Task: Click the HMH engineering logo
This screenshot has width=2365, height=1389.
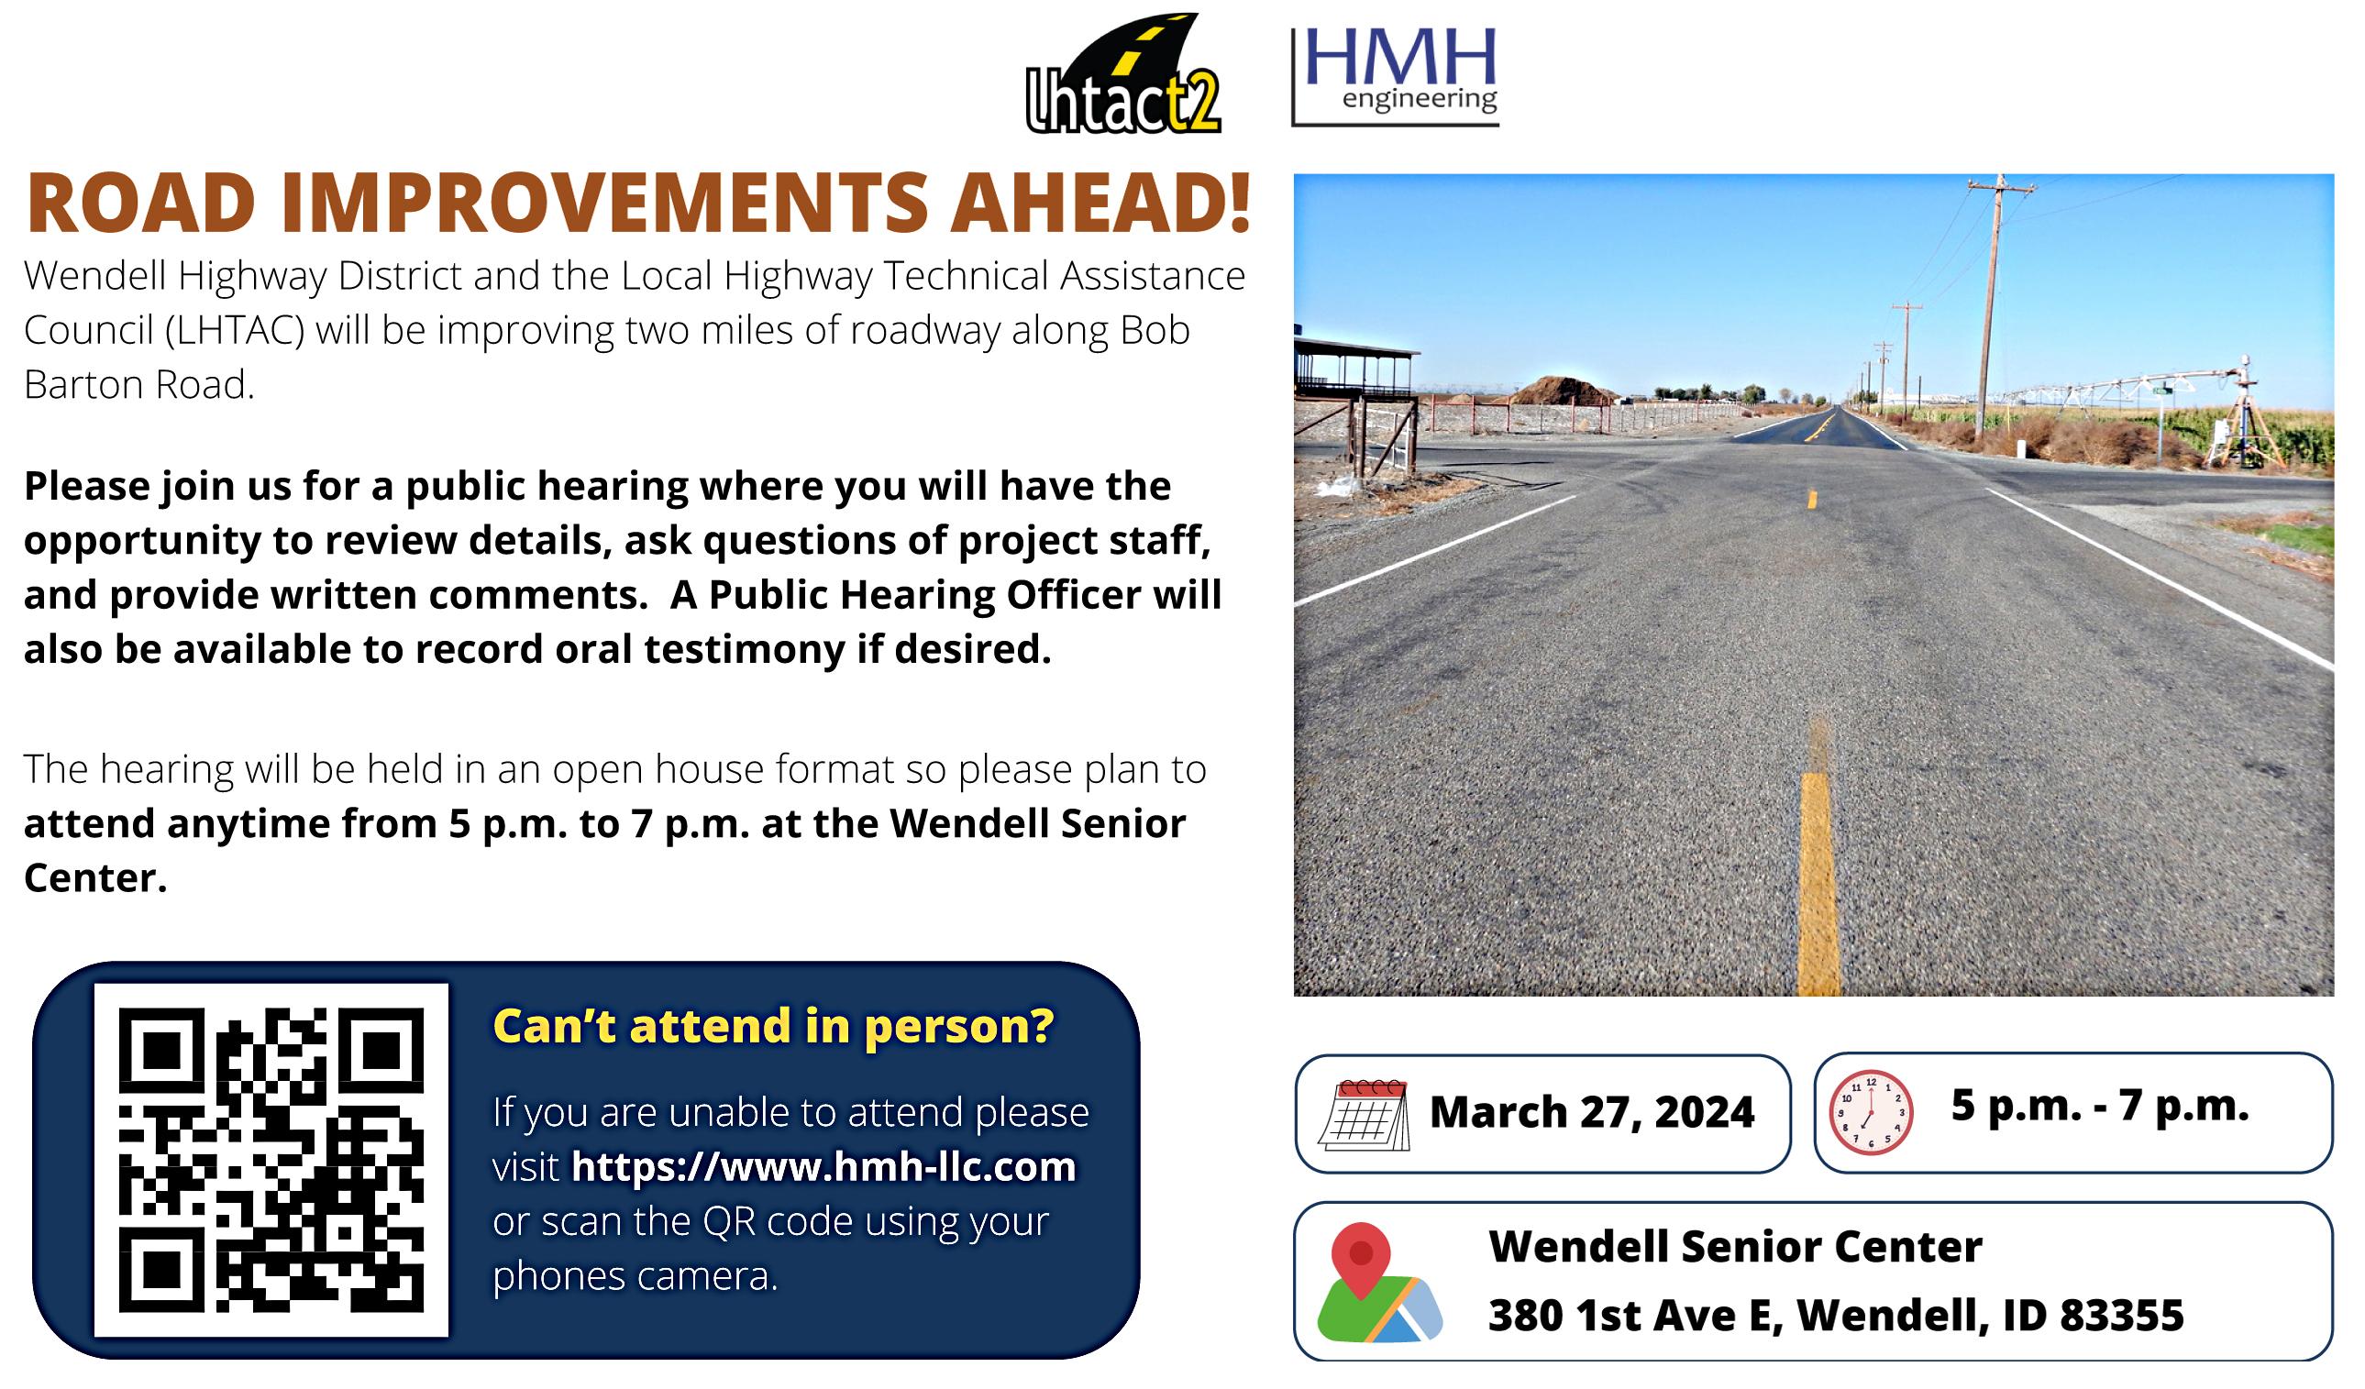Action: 1395,77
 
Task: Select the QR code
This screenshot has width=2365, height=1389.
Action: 271,1159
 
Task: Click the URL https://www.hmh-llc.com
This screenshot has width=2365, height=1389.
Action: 823,1166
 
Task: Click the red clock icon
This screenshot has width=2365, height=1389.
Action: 1871,1112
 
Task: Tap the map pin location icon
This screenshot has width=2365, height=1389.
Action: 1377,1282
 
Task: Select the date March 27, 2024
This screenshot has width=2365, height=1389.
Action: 1592,1112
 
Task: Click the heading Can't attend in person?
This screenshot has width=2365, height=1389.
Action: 773,1026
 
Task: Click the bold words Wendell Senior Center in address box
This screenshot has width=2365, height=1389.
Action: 1735,1247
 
